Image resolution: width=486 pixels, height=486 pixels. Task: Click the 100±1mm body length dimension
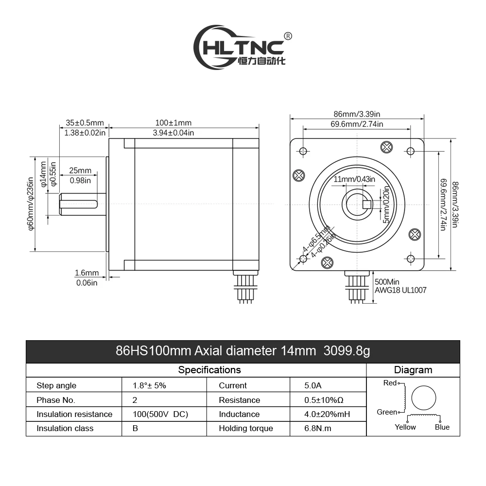pos(173,123)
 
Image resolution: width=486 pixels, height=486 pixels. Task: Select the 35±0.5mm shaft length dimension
pos(84,123)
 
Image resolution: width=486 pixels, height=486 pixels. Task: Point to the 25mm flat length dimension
pos(80,171)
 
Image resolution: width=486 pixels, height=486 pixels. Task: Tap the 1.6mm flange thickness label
pos(87,273)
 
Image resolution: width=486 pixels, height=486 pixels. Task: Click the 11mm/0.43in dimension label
pos(354,179)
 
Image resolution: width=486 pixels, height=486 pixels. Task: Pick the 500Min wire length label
pos(387,281)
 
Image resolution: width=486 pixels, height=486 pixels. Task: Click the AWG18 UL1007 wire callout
pos(400,291)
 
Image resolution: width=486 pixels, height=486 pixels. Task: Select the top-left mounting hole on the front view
pos(303,151)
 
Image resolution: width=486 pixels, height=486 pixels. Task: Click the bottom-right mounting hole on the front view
pos(411,258)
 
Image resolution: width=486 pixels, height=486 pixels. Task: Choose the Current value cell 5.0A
pos(312,385)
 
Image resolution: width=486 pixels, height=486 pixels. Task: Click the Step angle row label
pos(56,385)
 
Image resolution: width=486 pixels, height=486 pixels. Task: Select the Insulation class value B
pos(135,429)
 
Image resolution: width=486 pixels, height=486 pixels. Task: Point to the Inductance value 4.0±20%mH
pos(327,414)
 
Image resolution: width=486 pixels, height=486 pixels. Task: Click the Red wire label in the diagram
pos(390,383)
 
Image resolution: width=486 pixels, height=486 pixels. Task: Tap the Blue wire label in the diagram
pos(442,427)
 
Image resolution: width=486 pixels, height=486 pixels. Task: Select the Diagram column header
pos(413,370)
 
